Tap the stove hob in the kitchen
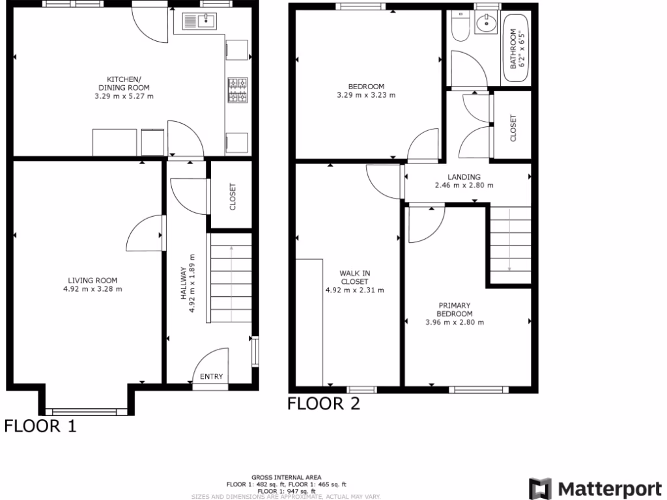[237, 90]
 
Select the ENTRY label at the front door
[211, 376]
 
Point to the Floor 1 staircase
[231, 284]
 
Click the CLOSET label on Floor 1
[233, 196]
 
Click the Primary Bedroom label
[455, 309]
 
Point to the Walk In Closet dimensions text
[354, 290]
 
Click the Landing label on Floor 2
[464, 176]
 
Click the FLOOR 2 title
[324, 404]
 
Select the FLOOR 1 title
[40, 426]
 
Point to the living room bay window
[85, 411]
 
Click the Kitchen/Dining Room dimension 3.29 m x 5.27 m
[124, 96]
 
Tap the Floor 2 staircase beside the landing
[509, 245]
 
